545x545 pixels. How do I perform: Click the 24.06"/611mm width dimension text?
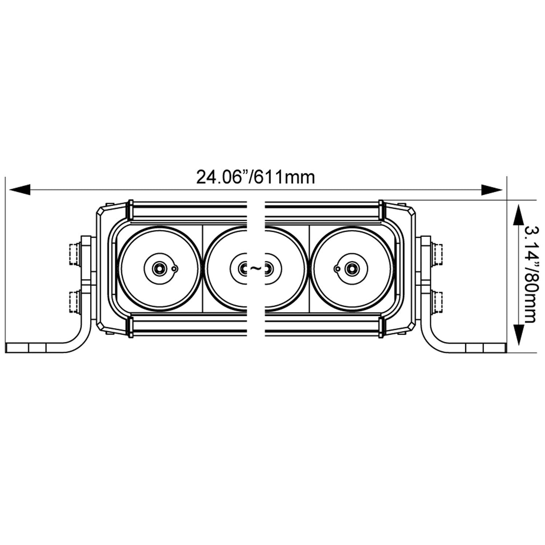pyautogui.click(x=255, y=177)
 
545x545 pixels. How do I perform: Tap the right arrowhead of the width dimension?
pyautogui.click(x=492, y=190)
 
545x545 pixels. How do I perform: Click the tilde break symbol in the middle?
pyautogui.click(x=255, y=268)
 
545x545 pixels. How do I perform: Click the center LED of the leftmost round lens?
pyautogui.click(x=158, y=269)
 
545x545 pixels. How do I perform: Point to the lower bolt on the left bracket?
pyautogui.click(x=74, y=302)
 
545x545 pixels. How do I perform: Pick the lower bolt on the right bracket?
pyautogui.click(x=437, y=302)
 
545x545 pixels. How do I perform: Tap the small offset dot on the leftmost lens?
pyautogui.click(x=174, y=269)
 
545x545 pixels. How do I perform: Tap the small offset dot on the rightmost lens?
pyautogui.click(x=337, y=269)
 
